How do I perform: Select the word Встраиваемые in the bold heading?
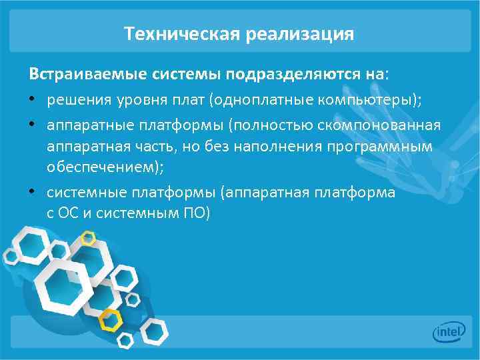click(70, 72)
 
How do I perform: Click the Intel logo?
click(448, 331)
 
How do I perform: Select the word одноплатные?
click(257, 101)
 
